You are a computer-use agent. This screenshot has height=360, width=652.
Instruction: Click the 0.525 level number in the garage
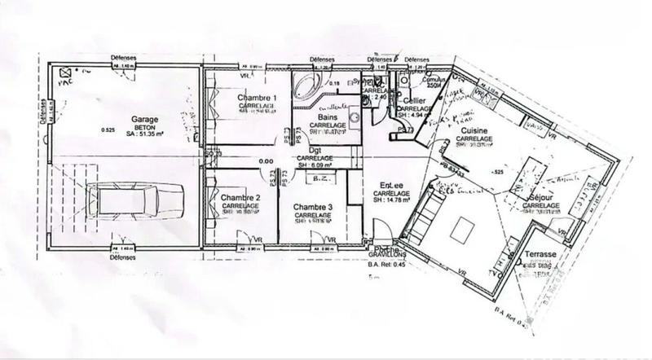106,130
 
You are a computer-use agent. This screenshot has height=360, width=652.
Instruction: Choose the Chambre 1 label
258,99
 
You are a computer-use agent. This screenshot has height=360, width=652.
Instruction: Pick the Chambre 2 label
240,198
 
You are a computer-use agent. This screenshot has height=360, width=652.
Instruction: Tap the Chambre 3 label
313,207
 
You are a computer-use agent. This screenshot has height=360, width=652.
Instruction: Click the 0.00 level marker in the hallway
266,161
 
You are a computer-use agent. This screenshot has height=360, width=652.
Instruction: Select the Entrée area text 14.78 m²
390,200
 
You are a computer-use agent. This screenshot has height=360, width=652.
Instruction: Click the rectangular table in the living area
464,229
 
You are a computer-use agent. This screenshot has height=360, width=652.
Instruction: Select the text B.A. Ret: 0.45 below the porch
385,264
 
